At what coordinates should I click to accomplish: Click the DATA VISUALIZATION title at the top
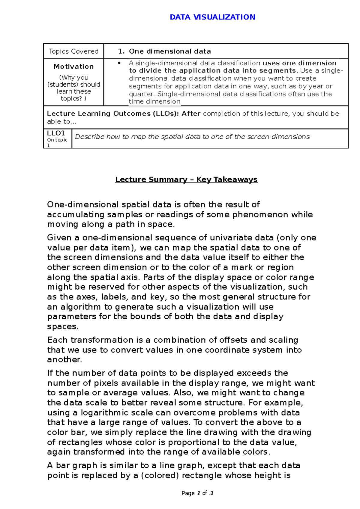pos(212,17)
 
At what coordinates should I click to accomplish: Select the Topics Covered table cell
pos(73,51)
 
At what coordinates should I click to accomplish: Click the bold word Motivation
pos(73,67)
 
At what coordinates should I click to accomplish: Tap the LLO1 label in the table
pos(56,133)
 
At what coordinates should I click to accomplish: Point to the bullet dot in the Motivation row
pos(119,63)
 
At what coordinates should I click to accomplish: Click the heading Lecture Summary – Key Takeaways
pos(186,180)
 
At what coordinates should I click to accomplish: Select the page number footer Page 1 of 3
pos(197,493)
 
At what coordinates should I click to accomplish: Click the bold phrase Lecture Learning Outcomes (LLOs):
pos(113,114)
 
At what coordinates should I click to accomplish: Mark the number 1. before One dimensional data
pos(121,51)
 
